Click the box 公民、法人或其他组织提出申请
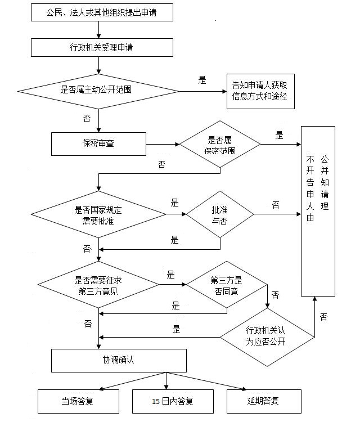[x=102, y=12]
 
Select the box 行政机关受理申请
[x=102, y=47]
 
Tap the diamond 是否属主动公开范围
[x=99, y=90]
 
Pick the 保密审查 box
[x=98, y=143]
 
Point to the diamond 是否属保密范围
[x=220, y=145]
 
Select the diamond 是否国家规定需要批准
[x=98, y=214]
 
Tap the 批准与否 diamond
[x=220, y=214]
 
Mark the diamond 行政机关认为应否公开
[x=268, y=338]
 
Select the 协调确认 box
[x=119, y=360]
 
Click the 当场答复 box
[x=79, y=401]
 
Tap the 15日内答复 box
[x=165, y=401]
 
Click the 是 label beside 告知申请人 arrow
[x=202, y=80]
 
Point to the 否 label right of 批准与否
[x=276, y=205]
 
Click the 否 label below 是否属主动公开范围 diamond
[x=87, y=119]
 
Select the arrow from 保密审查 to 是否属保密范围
[x=163, y=144]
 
